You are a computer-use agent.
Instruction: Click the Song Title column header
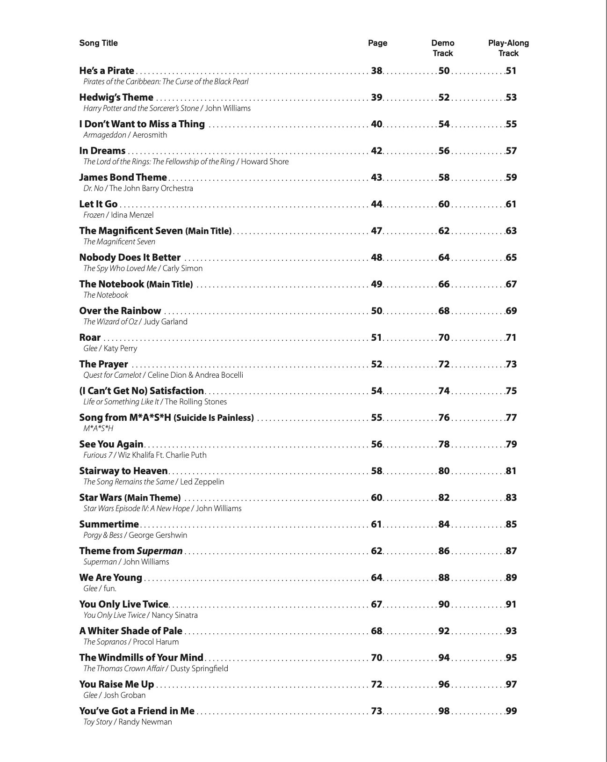point(98,43)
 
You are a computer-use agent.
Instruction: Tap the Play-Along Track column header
point(508,48)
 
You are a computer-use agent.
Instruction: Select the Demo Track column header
point(442,48)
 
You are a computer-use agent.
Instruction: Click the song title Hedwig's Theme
point(116,97)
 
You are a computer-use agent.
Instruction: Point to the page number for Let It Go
point(376,204)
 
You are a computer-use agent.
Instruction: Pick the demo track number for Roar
point(444,337)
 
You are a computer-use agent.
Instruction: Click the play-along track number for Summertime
point(511,524)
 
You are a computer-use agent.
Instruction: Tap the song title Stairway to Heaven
point(123,471)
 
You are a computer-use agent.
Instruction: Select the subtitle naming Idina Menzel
point(118,215)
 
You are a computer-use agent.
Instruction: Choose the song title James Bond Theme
point(123,177)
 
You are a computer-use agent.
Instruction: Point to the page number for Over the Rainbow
point(376,311)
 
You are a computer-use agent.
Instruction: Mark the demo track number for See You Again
point(444,444)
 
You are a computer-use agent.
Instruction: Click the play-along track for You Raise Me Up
point(511,684)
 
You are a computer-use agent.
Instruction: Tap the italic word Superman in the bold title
point(159,551)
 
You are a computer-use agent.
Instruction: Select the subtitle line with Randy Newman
point(128,722)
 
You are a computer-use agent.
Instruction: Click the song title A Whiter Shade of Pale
point(131,631)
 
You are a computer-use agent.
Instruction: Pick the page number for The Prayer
point(376,364)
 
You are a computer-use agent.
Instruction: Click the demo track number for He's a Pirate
point(444,71)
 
